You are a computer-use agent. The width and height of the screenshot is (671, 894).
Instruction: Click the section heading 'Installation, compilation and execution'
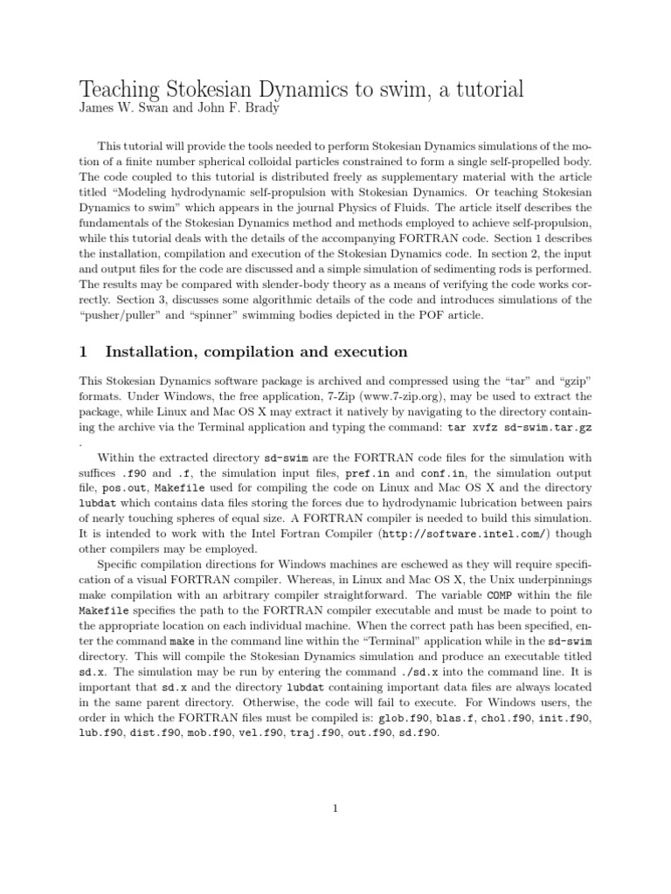point(256,352)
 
